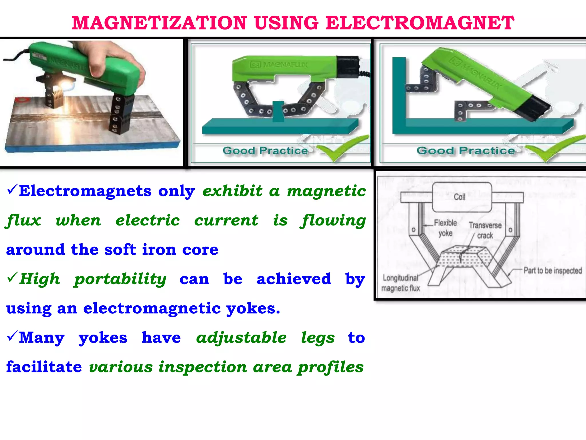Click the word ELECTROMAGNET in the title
[420, 23]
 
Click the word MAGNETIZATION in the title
[159, 23]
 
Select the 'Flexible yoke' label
[445, 228]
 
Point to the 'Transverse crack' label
[485, 230]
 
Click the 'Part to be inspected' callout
[553, 270]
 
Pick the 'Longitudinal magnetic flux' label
[401, 283]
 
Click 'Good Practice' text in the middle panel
[265, 151]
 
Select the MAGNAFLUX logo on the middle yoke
[279, 65]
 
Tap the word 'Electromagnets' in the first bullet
[85, 191]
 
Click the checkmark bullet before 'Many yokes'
[12, 336]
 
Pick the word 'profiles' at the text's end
[330, 367]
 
